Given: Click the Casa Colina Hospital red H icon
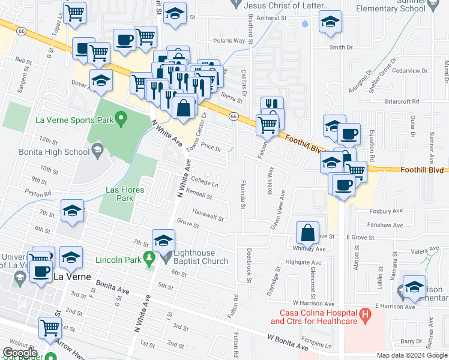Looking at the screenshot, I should coord(364,314).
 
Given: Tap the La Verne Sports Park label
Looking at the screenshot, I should coord(74,120).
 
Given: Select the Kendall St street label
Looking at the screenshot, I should coord(199,196).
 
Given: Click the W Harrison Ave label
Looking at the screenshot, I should coord(312,303).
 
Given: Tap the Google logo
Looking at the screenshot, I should coord(20,352).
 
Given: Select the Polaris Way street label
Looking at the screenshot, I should coord(229,41).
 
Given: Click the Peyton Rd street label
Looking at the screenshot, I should coord(38,193).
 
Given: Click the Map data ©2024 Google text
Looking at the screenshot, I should coord(412,355).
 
